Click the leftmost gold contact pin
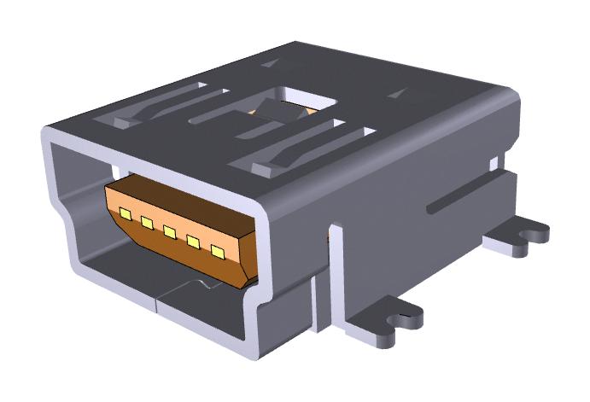point(125,213)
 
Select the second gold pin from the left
point(147,224)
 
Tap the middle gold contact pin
point(170,233)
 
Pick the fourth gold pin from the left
point(193,243)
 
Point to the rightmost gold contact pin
point(218,253)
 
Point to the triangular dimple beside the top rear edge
point(269,62)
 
